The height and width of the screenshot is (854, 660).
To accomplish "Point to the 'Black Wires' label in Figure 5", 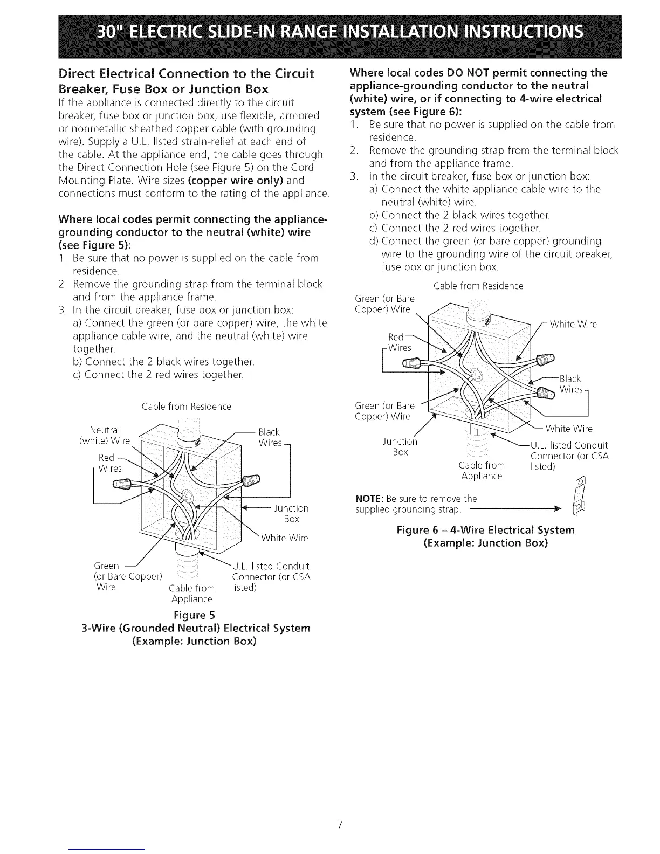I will tap(270, 437).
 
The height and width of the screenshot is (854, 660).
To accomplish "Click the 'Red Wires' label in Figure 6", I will tap(400, 342).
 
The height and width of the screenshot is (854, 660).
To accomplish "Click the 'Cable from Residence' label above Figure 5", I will tap(186, 407).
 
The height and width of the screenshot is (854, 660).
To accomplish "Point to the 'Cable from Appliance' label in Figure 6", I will tap(482, 471).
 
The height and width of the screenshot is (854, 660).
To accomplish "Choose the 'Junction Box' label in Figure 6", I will tap(400, 446).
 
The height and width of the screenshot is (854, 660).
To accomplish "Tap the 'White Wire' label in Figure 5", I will tap(284, 538).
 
